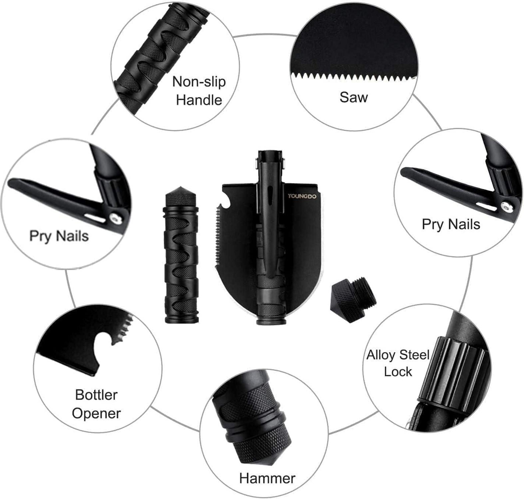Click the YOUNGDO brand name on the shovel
(302, 196)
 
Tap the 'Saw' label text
(354, 97)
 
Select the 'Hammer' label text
(267, 478)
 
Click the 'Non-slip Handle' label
(199, 90)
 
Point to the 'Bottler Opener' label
(96, 404)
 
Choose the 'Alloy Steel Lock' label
(398, 363)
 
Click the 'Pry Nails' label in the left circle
(59, 236)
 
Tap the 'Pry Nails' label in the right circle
(451, 224)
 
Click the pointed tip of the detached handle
(180, 188)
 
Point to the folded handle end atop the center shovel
(270, 158)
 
